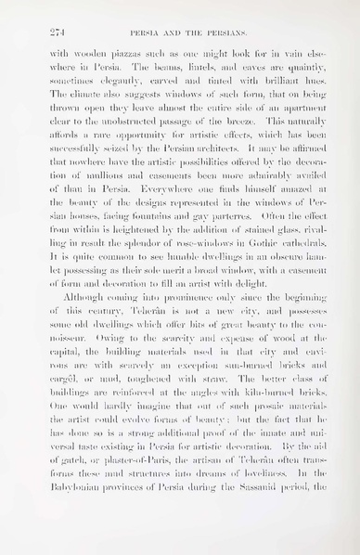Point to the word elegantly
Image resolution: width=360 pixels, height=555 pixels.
coord(119,84)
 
